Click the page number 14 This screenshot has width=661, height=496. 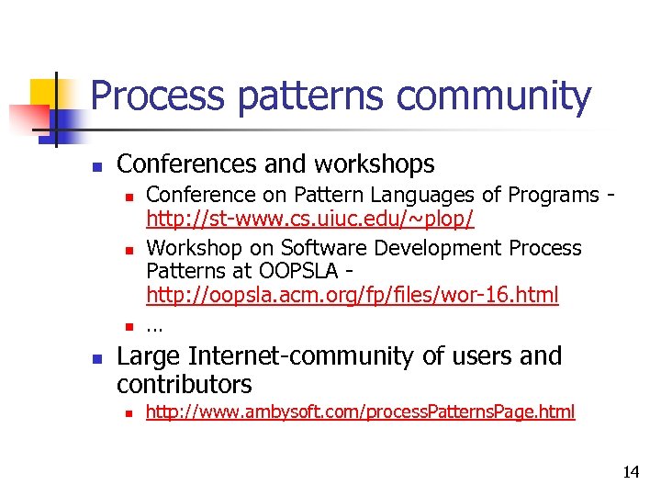coord(631,473)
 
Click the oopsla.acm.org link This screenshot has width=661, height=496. coord(353,296)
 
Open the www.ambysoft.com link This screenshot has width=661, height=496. coord(361,412)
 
